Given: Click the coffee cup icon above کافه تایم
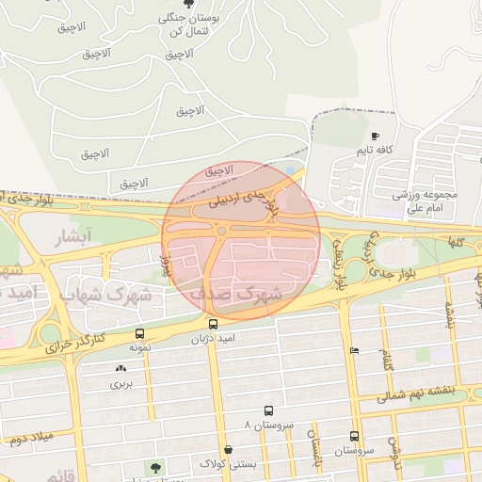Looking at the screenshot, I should (376, 137).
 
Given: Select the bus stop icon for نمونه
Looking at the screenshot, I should (140, 333).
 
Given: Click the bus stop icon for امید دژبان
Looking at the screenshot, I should (213, 324).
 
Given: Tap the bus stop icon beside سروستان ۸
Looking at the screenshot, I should (269, 411).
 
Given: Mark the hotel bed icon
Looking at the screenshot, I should (354, 350).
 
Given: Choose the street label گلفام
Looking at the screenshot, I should (384, 359).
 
